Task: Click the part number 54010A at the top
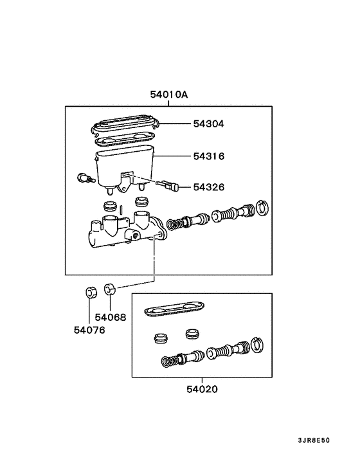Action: pyautogui.click(x=169, y=95)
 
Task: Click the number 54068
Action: pyautogui.click(x=110, y=317)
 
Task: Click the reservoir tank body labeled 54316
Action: pyautogui.click(x=122, y=164)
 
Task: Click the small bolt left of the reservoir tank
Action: pyautogui.click(x=82, y=178)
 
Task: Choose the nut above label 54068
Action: pyautogui.click(x=110, y=287)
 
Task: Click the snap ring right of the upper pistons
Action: pyautogui.click(x=261, y=207)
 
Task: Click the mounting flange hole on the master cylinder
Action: pyautogui.click(x=157, y=233)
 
